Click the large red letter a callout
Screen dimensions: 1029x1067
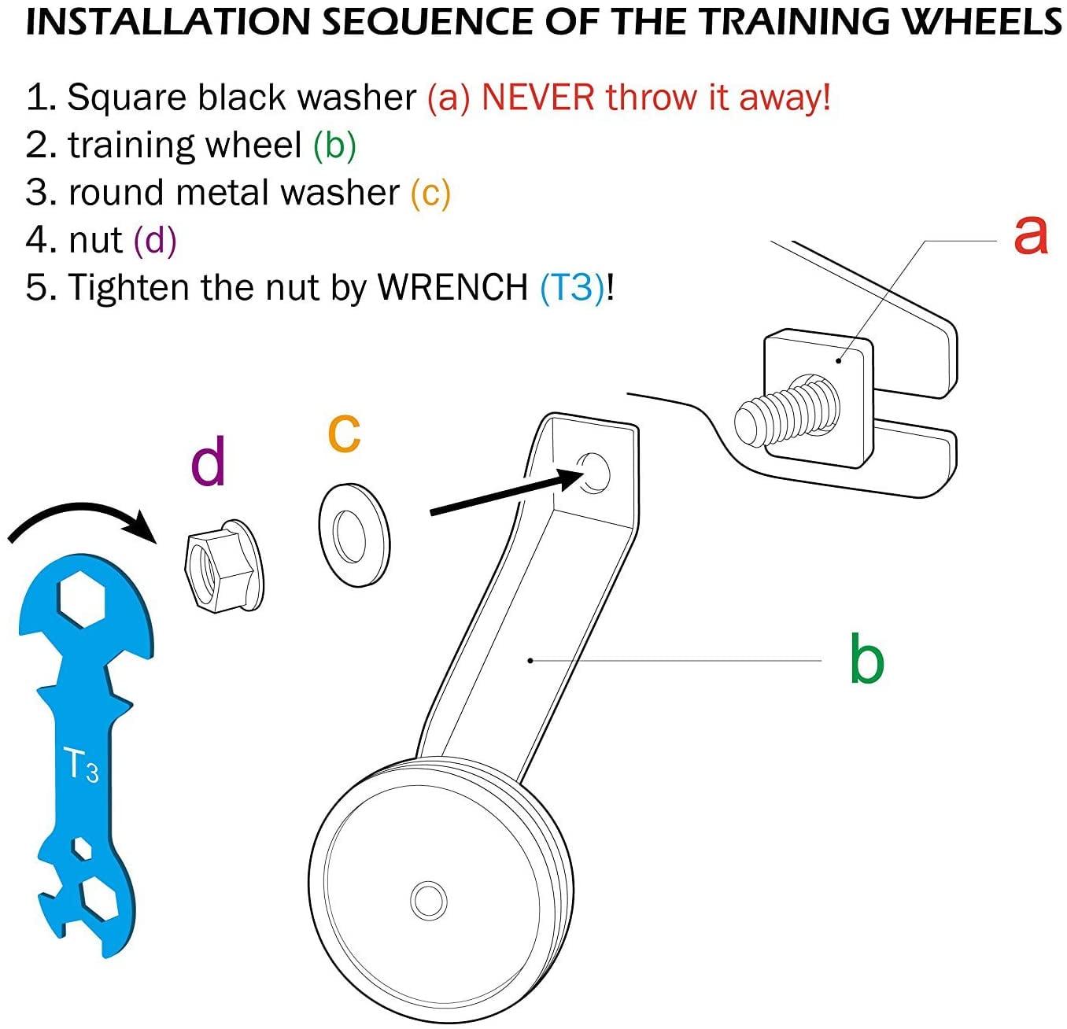point(1031,234)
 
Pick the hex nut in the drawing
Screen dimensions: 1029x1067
point(223,565)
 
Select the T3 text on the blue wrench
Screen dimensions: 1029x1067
point(80,765)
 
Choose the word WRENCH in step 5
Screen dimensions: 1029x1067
point(452,287)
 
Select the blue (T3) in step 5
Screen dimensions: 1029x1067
point(572,287)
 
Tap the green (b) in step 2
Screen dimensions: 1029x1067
point(334,146)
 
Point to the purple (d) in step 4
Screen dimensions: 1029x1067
point(155,240)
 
